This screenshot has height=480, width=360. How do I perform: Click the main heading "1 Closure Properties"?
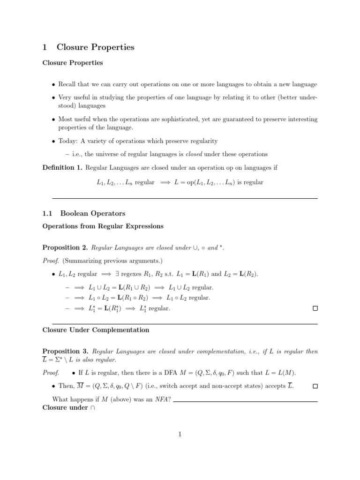coord(88,47)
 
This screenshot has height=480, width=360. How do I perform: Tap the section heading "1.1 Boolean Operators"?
coord(84,213)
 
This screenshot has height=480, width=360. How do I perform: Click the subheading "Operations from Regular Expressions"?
coord(103,226)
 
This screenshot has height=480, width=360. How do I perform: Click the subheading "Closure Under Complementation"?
coord(96,330)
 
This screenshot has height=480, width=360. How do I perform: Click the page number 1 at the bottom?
coord(180,435)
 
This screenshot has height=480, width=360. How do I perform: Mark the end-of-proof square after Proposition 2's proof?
coord(315,309)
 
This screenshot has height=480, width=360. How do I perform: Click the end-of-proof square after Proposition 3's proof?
coord(315,386)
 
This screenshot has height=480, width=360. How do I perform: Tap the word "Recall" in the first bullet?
coord(67,84)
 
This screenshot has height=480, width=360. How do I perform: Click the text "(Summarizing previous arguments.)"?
coord(112,261)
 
